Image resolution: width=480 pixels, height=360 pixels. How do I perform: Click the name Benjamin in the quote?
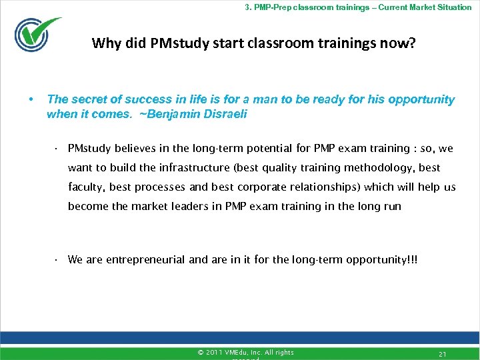click(x=171, y=114)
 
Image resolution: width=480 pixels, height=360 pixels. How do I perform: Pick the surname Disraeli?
click(x=225, y=114)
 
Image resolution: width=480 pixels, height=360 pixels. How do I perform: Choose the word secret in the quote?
click(x=88, y=99)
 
